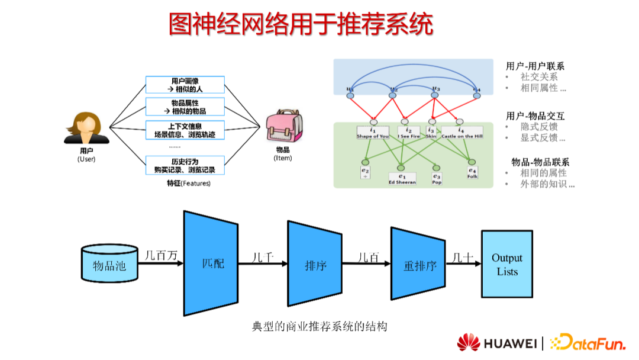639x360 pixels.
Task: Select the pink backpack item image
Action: pos(282,127)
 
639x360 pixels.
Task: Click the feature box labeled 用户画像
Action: pos(185,85)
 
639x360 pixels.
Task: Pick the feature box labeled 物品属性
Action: pos(185,107)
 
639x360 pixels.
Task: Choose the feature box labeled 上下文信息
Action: pos(185,130)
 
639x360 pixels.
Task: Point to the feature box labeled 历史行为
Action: pos(185,165)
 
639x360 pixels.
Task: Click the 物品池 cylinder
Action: pos(109,265)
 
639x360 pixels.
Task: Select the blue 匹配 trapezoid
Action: pos(213,263)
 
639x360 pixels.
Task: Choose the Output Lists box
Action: pos(506,265)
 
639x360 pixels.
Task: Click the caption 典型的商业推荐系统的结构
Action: pos(319,326)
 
